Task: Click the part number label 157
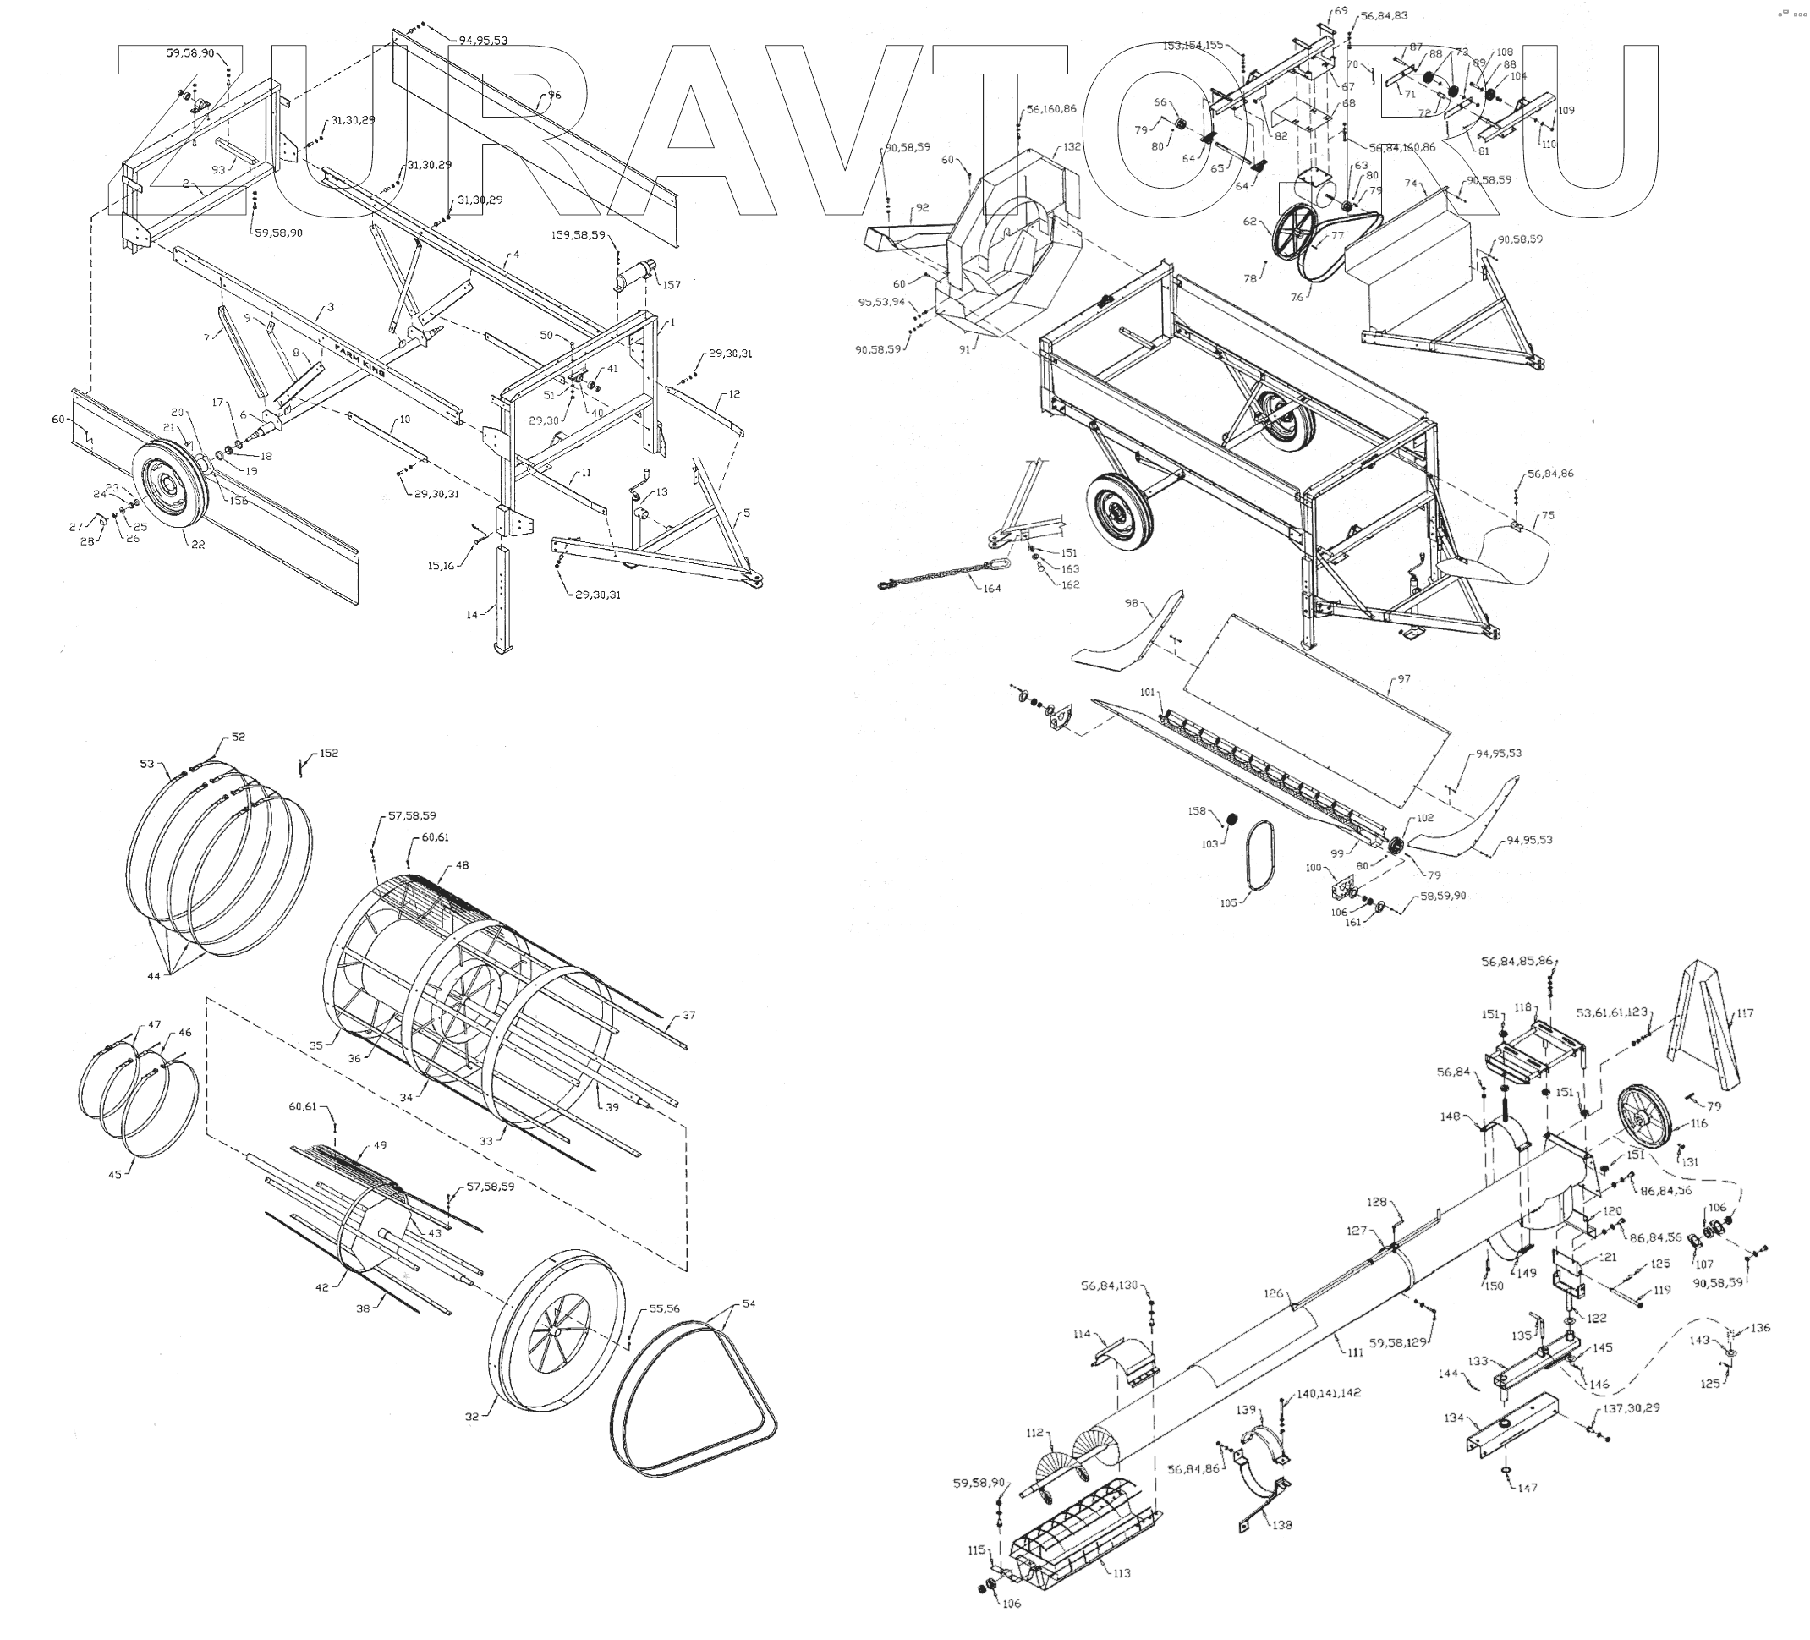(672, 284)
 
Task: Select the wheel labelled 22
(170, 484)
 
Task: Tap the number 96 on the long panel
(554, 95)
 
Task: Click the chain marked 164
(943, 573)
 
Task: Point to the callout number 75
(1547, 515)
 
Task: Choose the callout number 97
(1403, 678)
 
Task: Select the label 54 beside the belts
(749, 1303)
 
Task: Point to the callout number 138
(1282, 1524)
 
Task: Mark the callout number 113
(1122, 1572)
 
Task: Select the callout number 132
(1071, 146)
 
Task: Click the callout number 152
(329, 753)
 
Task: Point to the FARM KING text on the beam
(360, 359)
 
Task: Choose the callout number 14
(472, 615)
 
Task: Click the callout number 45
(115, 1174)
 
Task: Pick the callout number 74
(1411, 184)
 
